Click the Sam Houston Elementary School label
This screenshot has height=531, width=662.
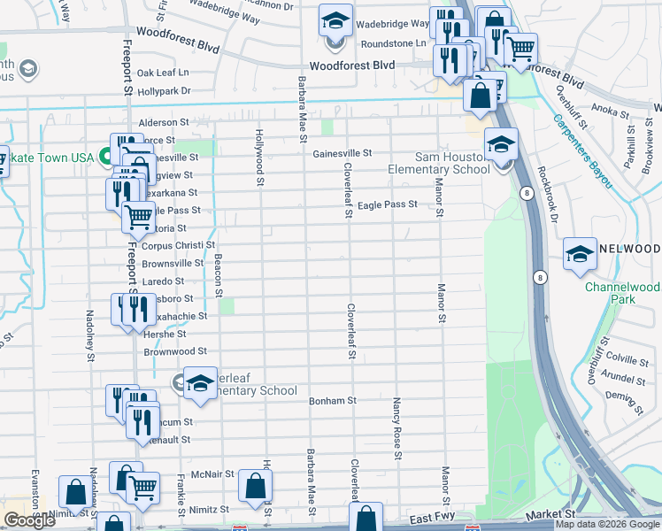[x=439, y=163]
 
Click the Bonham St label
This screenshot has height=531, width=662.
[x=332, y=401]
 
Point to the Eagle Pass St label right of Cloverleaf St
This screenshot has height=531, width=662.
[x=387, y=204]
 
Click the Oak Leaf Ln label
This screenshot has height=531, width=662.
[x=162, y=73]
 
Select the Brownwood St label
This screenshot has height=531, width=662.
[x=175, y=351]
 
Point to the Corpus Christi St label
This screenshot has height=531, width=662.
[x=179, y=245]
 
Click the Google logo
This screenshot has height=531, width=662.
[x=29, y=520]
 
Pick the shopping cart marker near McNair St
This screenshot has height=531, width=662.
[x=142, y=486]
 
